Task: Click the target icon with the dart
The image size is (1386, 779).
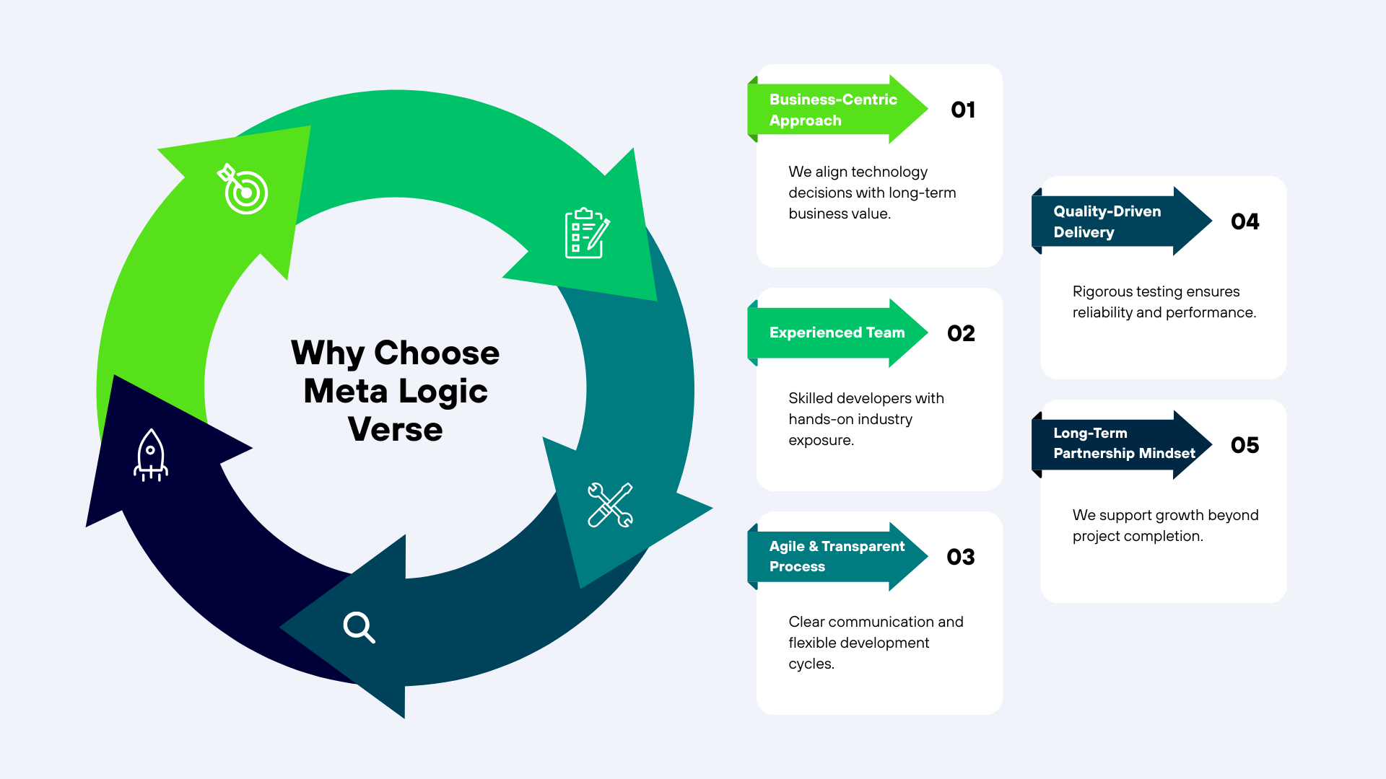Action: click(243, 189)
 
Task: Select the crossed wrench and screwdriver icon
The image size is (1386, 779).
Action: click(610, 505)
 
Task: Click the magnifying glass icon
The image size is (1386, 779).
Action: click(359, 627)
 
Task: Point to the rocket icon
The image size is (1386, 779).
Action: click(151, 455)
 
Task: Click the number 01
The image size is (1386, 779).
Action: click(963, 110)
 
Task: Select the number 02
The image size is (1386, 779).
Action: click(961, 333)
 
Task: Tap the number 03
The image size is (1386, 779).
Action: click(961, 557)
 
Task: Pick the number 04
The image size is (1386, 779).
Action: click(1245, 221)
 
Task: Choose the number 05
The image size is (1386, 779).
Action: click(1245, 445)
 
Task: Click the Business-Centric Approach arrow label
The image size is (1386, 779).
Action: click(834, 110)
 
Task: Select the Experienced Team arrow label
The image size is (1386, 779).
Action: click(837, 333)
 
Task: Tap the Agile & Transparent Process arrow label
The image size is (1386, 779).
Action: click(837, 556)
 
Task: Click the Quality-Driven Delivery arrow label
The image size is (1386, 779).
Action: click(1107, 221)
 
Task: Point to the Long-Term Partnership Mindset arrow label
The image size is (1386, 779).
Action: click(1124, 444)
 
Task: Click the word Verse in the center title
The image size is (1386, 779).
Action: click(396, 430)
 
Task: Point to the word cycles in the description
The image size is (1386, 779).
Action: click(811, 664)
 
